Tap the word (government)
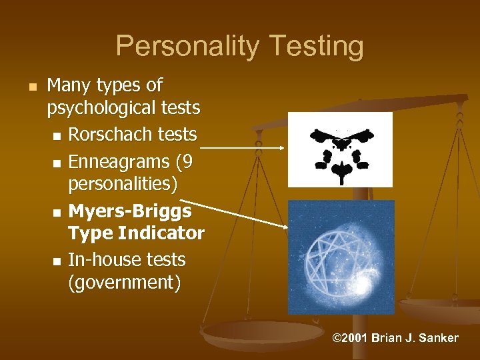click(x=124, y=283)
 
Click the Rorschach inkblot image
click(x=340, y=149)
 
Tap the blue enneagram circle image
click(x=341, y=257)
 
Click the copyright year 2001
click(x=353, y=338)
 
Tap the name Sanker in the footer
click(x=438, y=338)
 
